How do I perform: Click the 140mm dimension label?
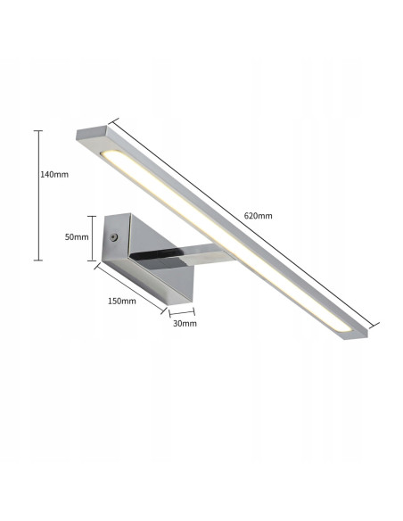coord(54,174)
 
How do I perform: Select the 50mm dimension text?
coord(78,237)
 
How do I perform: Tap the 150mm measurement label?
coord(120,301)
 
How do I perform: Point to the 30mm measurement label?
coord(185,323)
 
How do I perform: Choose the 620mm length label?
coord(258,216)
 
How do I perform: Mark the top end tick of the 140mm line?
coord(38,131)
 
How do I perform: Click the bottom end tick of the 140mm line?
coord(38,260)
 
